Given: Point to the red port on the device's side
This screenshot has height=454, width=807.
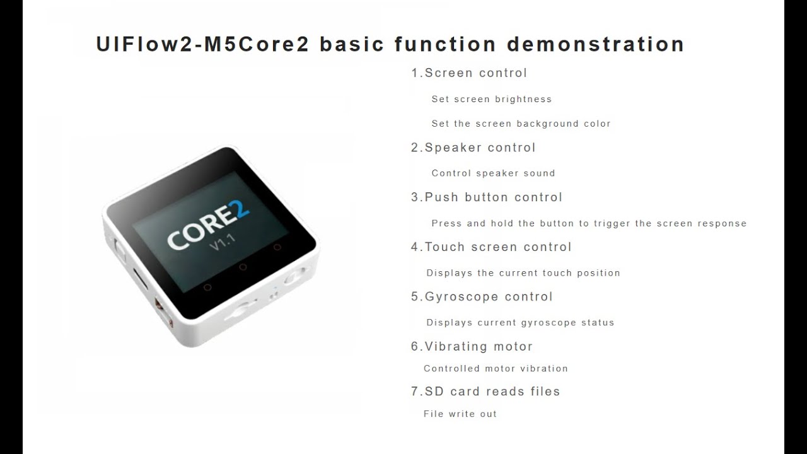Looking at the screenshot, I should coord(160,309).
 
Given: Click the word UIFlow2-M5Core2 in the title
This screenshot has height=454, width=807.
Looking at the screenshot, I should coord(202,45).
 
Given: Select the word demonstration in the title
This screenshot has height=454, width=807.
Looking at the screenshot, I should coord(595,45).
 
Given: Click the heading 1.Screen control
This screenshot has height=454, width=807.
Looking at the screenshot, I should coord(469,73).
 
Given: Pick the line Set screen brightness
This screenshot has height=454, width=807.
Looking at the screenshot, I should coord(491,99).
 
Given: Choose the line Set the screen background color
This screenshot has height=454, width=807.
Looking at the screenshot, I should coord(521,124).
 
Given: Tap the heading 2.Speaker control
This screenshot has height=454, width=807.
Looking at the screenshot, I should coord(473,148).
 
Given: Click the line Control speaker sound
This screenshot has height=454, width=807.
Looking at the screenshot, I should coord(493,173).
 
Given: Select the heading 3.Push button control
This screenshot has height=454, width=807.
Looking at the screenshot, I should coord(486,197).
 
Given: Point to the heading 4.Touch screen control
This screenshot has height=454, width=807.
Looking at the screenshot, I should coord(491,247).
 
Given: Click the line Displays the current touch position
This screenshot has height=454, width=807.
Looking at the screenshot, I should coord(523,273).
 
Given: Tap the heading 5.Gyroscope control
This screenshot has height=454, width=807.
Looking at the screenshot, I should coord(482,297).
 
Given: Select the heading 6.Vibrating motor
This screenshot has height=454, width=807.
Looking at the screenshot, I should coord(472,347).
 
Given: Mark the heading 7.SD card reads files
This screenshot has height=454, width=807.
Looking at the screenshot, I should coord(485,392).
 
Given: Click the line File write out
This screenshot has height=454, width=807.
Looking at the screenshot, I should coord(460,414).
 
